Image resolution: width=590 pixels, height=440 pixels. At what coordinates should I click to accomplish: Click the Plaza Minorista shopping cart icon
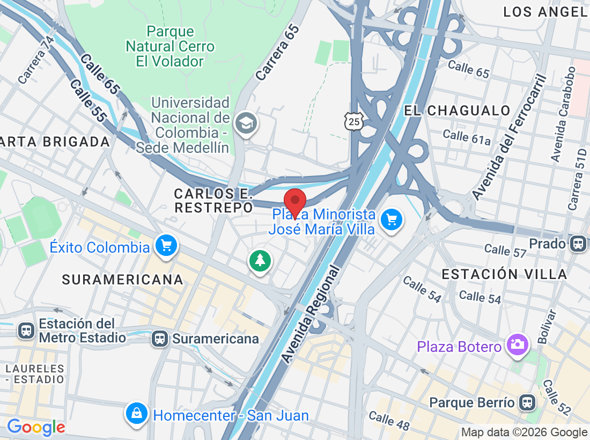click(392, 219)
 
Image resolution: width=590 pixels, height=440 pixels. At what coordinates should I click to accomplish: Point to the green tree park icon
click(260, 261)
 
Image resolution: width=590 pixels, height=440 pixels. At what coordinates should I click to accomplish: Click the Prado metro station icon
click(578, 244)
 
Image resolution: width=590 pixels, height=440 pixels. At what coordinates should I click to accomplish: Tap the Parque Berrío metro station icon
click(527, 402)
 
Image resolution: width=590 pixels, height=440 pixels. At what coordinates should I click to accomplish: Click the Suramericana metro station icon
click(159, 339)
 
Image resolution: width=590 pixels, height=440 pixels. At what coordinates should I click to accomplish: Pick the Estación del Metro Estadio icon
click(26, 331)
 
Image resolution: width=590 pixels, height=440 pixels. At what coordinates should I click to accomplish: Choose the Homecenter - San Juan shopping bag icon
click(137, 413)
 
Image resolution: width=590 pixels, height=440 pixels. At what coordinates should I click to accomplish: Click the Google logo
click(36, 428)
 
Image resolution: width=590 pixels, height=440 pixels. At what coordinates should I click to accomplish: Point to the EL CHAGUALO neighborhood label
click(457, 111)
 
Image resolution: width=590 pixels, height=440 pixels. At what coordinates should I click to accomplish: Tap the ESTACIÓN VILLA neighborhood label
click(504, 274)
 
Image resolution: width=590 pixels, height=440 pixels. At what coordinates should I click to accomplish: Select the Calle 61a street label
click(467, 137)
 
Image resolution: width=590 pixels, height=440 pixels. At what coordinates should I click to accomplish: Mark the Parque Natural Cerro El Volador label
click(170, 47)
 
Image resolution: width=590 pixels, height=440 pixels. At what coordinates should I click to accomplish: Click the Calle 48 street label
click(389, 421)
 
